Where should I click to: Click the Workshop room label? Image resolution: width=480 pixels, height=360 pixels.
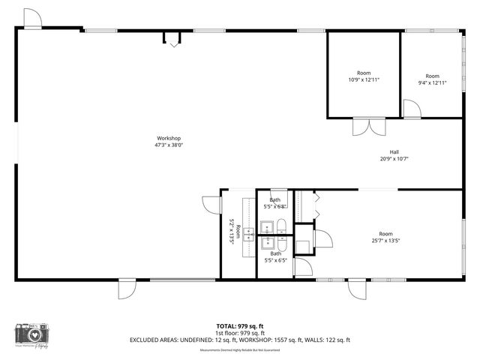tap(169, 138)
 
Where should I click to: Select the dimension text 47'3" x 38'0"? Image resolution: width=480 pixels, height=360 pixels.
tap(169, 145)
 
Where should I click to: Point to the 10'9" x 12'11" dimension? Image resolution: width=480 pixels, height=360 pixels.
tap(364, 79)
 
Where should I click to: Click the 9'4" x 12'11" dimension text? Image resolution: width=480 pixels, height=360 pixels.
tap(432, 82)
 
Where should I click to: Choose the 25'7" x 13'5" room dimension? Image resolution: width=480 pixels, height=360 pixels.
tap(385, 240)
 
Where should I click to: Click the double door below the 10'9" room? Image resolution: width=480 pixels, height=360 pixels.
tap(364, 126)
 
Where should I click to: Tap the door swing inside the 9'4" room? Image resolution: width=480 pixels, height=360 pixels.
tap(411, 109)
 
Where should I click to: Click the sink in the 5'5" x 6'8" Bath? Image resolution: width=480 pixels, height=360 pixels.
tap(266, 226)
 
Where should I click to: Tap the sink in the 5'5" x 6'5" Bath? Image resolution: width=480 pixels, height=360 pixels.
tap(266, 242)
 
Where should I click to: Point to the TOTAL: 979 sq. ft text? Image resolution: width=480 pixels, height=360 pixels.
tap(239, 325)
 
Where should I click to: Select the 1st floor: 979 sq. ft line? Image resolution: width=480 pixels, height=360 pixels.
tap(239, 332)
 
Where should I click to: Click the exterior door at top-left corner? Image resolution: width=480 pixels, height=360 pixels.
tap(32, 19)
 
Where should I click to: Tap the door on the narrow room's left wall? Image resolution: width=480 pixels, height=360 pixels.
tap(211, 205)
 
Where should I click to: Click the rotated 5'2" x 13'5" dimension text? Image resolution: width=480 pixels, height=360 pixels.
tap(232, 232)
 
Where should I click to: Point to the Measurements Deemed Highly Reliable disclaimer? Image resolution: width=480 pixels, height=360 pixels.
tap(239, 350)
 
